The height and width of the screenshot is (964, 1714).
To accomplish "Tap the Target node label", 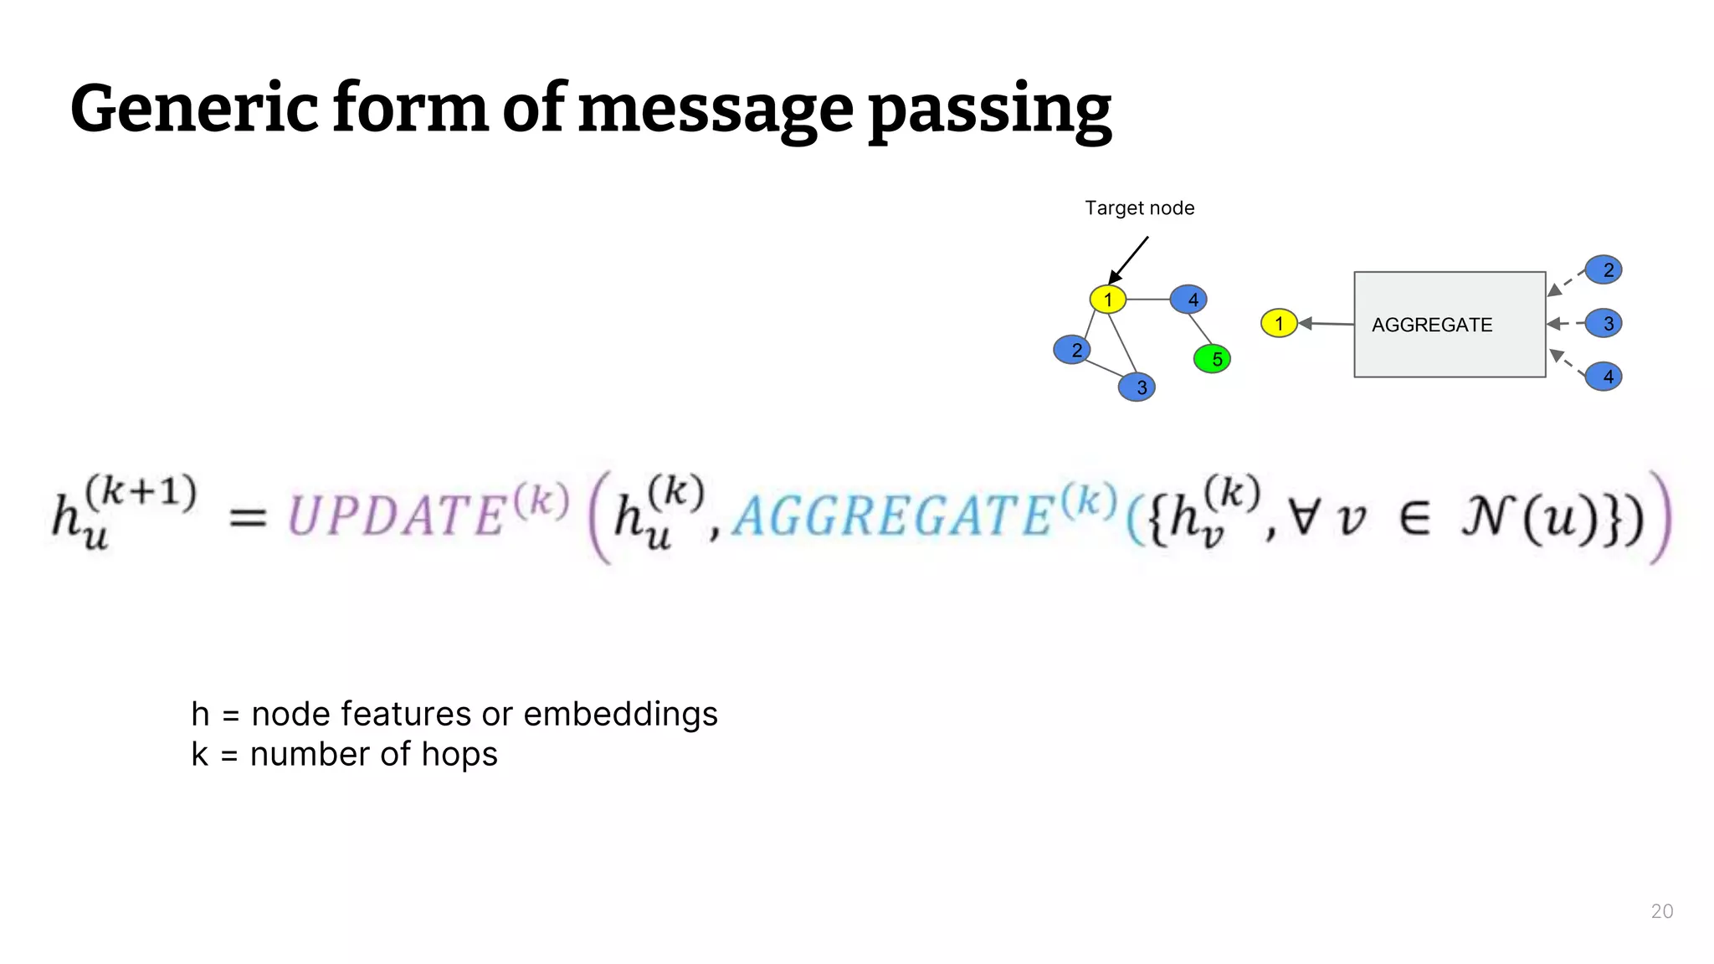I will (1139, 208).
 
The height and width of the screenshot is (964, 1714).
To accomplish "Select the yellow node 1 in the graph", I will (1107, 300).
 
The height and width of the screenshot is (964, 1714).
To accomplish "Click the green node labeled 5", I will (1212, 359).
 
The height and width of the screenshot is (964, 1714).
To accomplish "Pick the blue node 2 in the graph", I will (1072, 350).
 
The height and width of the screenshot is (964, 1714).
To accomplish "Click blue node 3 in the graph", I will (1137, 387).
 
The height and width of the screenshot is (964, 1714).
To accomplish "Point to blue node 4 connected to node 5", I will (1188, 300).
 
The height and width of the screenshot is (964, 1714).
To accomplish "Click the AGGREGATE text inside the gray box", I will (1431, 325).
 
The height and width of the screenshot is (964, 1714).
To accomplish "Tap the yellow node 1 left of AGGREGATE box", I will (1278, 324).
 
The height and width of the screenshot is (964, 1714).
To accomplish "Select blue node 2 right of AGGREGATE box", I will (1604, 270).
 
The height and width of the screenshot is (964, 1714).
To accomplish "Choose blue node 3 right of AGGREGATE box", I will (1604, 324).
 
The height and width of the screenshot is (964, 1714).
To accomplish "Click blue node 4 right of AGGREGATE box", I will (1604, 377).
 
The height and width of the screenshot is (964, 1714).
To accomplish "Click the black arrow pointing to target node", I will (1129, 259).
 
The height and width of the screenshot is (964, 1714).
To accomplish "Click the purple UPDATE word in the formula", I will (398, 515).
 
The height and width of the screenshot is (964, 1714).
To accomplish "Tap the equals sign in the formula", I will (248, 517).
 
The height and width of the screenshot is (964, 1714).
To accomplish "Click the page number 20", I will (1661, 911).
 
